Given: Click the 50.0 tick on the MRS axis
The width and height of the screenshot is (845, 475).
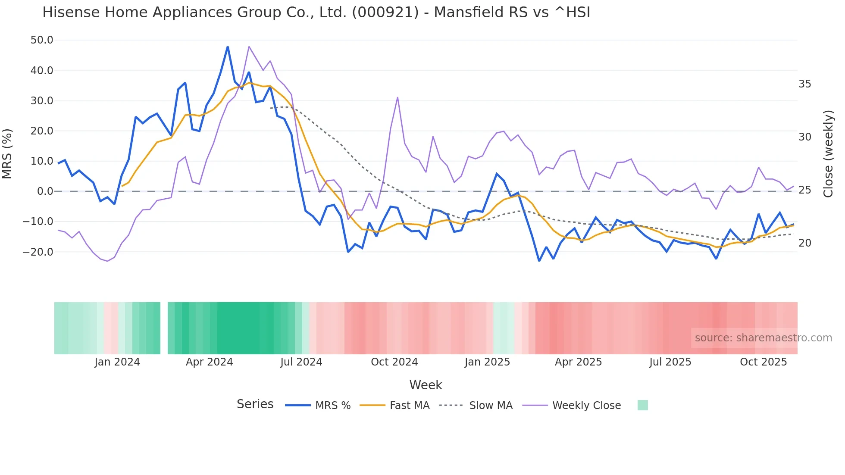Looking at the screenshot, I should click(42, 40).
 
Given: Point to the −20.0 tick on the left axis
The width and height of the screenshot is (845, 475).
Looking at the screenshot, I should click(38, 252).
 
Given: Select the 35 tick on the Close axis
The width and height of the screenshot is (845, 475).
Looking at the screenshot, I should click(804, 84).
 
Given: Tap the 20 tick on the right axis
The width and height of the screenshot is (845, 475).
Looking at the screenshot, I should click(804, 243).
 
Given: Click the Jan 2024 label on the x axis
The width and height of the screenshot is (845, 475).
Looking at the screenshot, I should click(117, 362).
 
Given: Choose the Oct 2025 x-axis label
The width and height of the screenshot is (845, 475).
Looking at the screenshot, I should click(763, 362).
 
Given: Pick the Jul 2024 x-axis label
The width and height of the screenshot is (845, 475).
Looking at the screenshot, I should click(301, 362).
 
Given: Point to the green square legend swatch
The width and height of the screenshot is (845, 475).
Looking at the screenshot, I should click(642, 405).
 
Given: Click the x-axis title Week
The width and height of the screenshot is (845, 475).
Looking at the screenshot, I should click(426, 385).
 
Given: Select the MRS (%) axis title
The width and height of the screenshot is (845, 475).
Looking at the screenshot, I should click(7, 154).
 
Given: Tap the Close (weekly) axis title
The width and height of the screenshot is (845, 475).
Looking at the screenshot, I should click(828, 154).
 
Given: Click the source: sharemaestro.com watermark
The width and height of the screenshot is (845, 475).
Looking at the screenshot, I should click(763, 338).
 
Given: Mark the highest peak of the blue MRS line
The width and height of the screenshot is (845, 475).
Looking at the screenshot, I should click(228, 47).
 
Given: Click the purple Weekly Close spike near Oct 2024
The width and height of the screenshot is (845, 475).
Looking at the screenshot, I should click(397, 97).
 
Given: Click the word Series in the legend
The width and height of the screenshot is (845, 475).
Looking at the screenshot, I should click(255, 404).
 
